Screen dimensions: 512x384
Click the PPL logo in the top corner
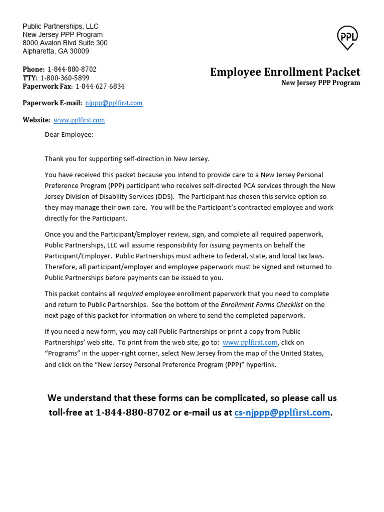coord(347,38)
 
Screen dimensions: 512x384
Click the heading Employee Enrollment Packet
coord(285,72)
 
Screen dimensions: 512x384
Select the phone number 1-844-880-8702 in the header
coord(72,69)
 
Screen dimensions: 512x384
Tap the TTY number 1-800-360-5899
coord(65,78)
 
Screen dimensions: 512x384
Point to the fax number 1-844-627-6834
coord(100,86)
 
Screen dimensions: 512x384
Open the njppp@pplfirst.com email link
coord(114,103)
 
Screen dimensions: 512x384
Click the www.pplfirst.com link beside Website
coord(79,120)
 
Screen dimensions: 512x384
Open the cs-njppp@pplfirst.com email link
coord(282,413)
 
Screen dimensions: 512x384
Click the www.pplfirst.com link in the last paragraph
coord(250,342)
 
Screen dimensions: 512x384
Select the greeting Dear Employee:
coord(69,134)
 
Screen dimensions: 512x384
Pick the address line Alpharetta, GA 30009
coord(56,51)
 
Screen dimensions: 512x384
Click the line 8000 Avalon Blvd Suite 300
coord(65,43)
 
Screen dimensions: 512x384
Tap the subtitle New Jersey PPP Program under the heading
coord(320,83)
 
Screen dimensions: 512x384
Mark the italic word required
coord(130,294)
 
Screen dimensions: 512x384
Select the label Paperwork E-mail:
coord(52,103)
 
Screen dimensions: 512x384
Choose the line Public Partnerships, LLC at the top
coord(60,26)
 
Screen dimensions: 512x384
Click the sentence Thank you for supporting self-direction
coord(127,159)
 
